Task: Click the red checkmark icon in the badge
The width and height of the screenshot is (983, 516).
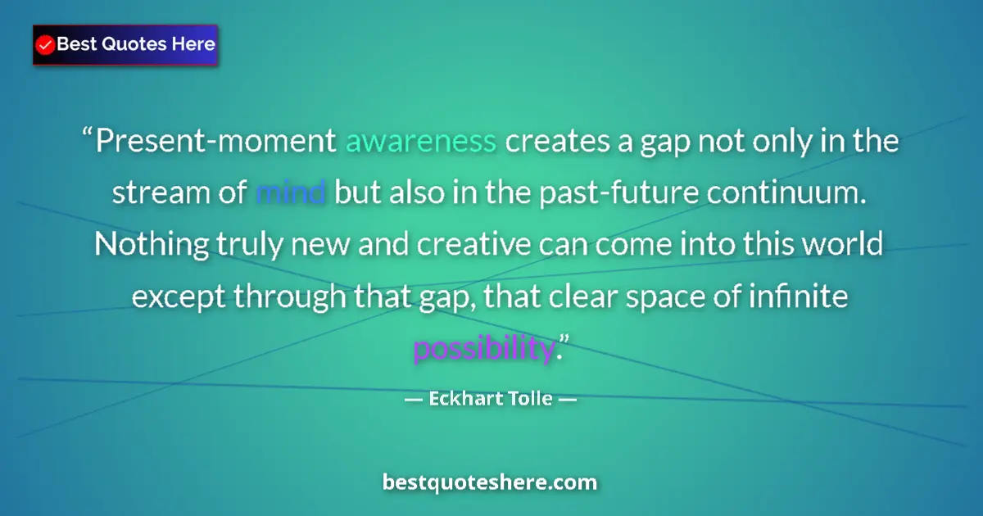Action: point(46,45)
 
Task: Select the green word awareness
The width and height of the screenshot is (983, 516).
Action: point(421,143)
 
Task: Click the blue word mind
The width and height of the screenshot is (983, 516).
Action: point(292,194)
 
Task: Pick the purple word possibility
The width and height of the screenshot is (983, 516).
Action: point(483,349)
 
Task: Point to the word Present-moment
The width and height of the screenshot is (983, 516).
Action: point(216,143)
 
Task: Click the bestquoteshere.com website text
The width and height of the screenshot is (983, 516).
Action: point(490,482)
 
